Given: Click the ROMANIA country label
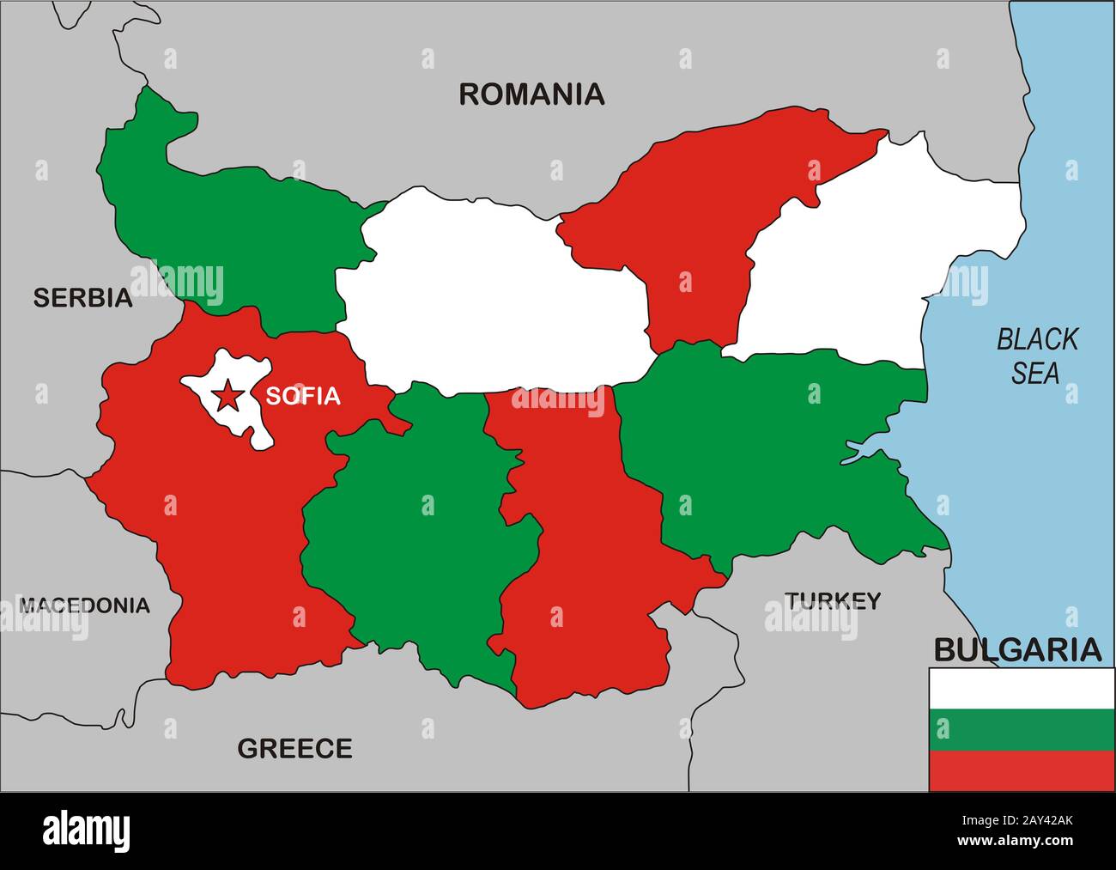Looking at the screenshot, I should click(x=531, y=94).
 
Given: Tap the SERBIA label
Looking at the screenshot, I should click(x=82, y=298).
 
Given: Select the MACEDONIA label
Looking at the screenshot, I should click(x=84, y=605).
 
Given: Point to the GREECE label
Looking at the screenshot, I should click(x=294, y=749).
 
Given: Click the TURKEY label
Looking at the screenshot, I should click(x=833, y=600).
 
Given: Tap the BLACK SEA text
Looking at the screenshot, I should click(x=1036, y=356).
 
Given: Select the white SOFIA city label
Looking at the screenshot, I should click(x=302, y=396).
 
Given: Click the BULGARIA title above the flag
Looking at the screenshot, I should click(x=1016, y=650).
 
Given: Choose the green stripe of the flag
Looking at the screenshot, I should click(x=1022, y=729).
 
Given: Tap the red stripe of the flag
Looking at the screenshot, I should click(x=1022, y=770).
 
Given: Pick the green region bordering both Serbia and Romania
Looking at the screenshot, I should click(x=232, y=215).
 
